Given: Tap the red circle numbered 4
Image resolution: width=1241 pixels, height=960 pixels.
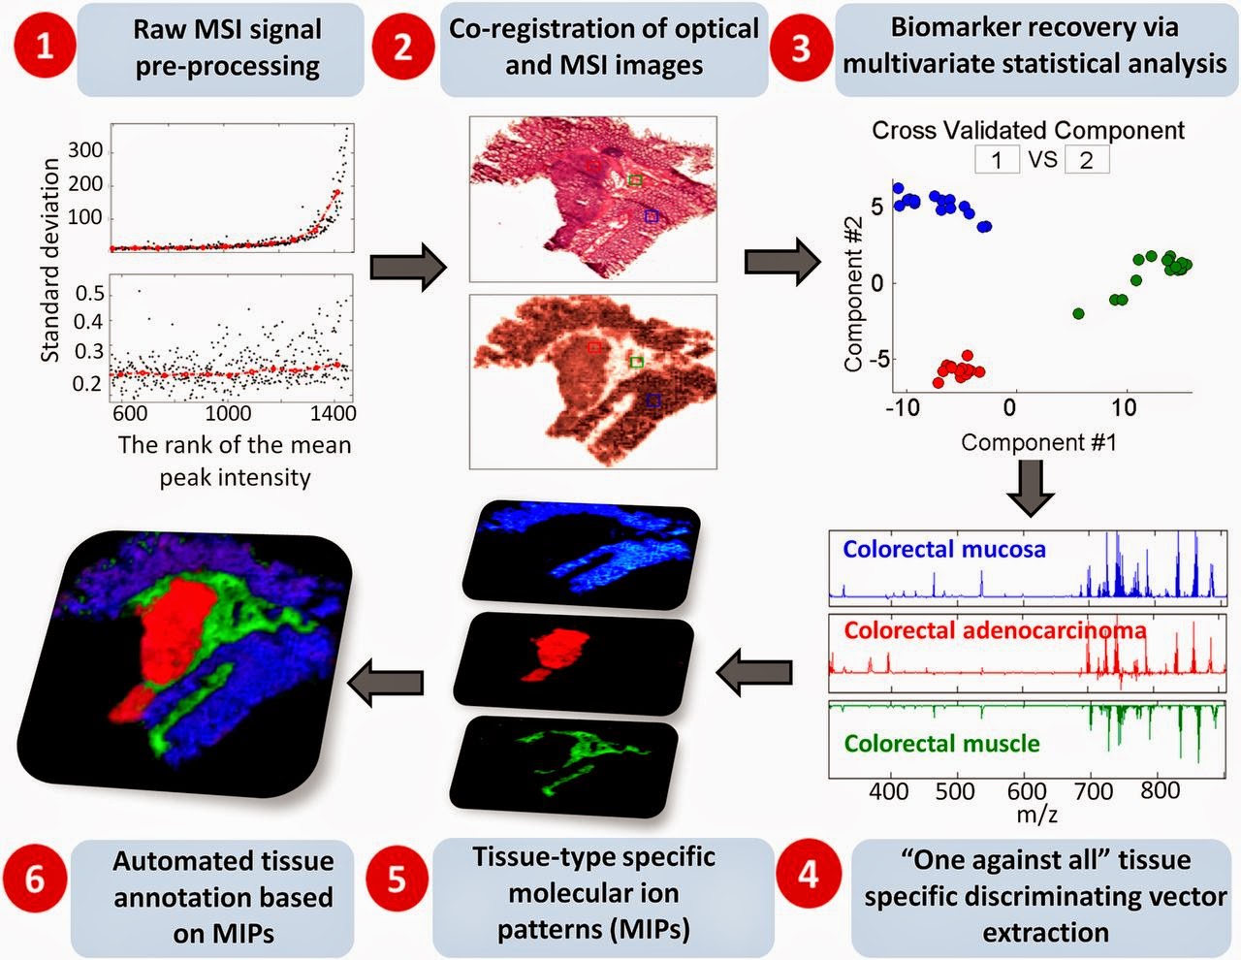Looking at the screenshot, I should (808, 876).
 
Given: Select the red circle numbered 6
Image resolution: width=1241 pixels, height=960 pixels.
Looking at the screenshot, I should (35, 879).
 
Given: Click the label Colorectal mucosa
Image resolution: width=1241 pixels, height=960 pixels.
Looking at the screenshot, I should (943, 550).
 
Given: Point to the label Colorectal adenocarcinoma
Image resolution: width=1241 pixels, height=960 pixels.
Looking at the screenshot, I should (995, 630).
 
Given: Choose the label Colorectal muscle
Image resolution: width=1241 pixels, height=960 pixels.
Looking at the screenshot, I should (941, 744).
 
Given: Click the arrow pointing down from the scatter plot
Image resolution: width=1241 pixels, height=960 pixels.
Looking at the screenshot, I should (1031, 490).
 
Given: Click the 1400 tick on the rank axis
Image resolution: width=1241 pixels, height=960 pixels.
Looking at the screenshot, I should (332, 413).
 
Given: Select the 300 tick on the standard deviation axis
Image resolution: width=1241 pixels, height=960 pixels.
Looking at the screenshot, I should (85, 151).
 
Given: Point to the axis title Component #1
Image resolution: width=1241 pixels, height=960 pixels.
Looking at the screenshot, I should (1038, 443).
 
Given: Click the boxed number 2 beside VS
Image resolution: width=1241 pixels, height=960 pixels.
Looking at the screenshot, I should (1086, 160).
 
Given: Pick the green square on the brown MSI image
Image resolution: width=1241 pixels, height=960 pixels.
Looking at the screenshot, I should (636, 362).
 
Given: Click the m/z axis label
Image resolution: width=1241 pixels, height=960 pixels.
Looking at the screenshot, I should (1036, 815).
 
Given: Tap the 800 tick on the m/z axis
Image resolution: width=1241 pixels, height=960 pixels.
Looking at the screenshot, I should (1160, 790).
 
